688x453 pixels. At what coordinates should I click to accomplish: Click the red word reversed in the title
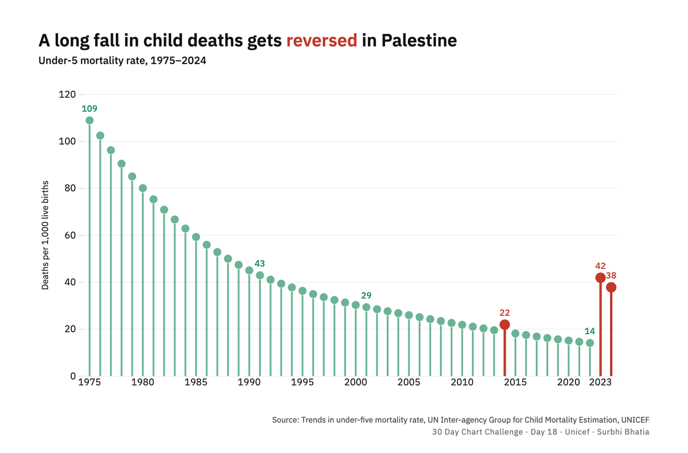point(322,41)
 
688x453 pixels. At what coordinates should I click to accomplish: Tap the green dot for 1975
point(89,120)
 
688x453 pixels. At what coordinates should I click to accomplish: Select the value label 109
point(89,108)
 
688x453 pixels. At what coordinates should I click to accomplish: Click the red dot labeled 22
point(505,325)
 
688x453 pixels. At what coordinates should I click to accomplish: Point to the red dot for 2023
point(600,278)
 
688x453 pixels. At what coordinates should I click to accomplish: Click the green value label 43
point(260,263)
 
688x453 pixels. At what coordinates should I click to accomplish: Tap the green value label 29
point(366,295)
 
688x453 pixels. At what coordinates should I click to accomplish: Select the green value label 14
point(590,331)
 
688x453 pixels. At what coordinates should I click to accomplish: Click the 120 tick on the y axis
point(67,94)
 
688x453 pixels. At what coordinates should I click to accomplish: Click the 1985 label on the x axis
point(196,382)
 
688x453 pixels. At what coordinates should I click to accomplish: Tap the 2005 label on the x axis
point(409,382)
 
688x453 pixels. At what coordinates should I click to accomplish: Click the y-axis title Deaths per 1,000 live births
point(45,235)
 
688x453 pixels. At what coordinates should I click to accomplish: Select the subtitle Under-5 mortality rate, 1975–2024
point(122,61)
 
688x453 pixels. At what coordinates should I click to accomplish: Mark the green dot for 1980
point(143,188)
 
